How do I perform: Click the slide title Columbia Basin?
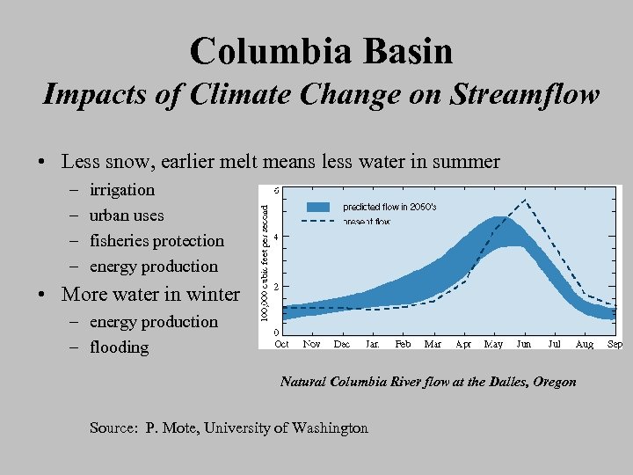tap(321, 51)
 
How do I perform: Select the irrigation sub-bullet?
tap(122, 190)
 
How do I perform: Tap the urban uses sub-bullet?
tap(127, 216)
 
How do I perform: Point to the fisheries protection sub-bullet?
tap(156, 241)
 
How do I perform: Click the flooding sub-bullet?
tap(120, 347)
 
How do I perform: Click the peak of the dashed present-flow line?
tap(525, 201)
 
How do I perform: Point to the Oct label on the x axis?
tap(281, 345)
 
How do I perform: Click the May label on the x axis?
tap(493, 345)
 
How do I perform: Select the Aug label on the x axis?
tap(585, 345)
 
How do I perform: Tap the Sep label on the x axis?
tap(615, 345)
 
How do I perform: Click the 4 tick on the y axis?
tap(276, 237)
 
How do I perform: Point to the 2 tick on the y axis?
tap(276, 287)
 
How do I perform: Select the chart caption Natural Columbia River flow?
tap(428, 382)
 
